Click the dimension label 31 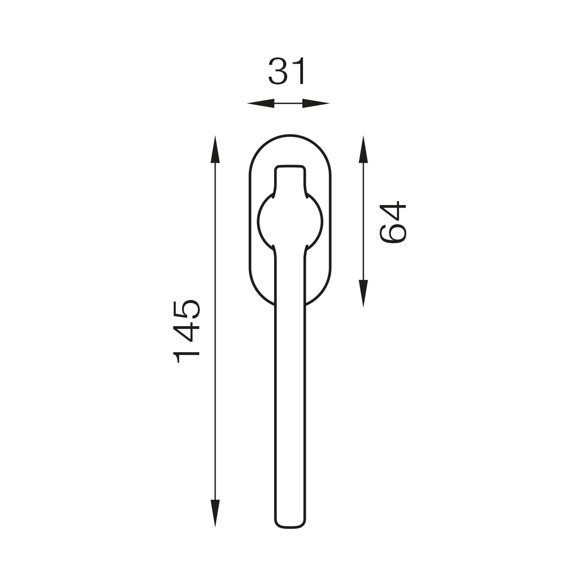[287, 71]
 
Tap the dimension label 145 [186, 331]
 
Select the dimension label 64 [393, 222]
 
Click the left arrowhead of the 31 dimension [261, 103]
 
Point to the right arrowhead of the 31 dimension [316, 103]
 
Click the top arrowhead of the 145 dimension [215, 149]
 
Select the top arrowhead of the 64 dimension [364, 149]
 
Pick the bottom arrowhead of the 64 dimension [364, 293]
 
